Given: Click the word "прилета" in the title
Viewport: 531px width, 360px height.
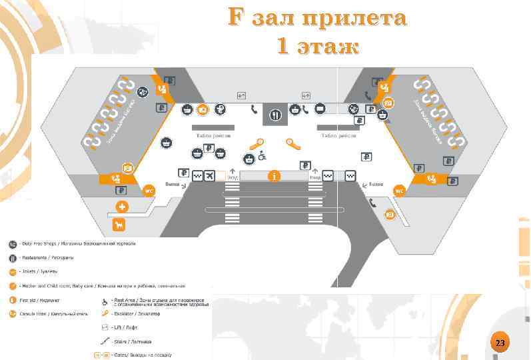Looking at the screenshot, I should point(352,19).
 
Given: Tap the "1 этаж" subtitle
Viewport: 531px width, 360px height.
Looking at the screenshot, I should point(317,47).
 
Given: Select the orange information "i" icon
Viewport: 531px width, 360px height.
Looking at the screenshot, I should point(274,175).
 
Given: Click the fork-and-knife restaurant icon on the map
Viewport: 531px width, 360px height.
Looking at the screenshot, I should point(275,114).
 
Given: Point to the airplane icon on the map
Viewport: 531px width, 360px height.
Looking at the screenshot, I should point(211,175).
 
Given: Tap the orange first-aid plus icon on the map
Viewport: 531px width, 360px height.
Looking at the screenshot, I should point(122,207).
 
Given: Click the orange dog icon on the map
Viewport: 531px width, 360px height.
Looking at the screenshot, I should point(119,224).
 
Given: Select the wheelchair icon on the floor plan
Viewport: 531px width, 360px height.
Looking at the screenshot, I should point(263,157).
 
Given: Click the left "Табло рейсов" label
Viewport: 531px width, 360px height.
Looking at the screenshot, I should point(213,135).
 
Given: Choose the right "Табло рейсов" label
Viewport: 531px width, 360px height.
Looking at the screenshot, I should point(338,135).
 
